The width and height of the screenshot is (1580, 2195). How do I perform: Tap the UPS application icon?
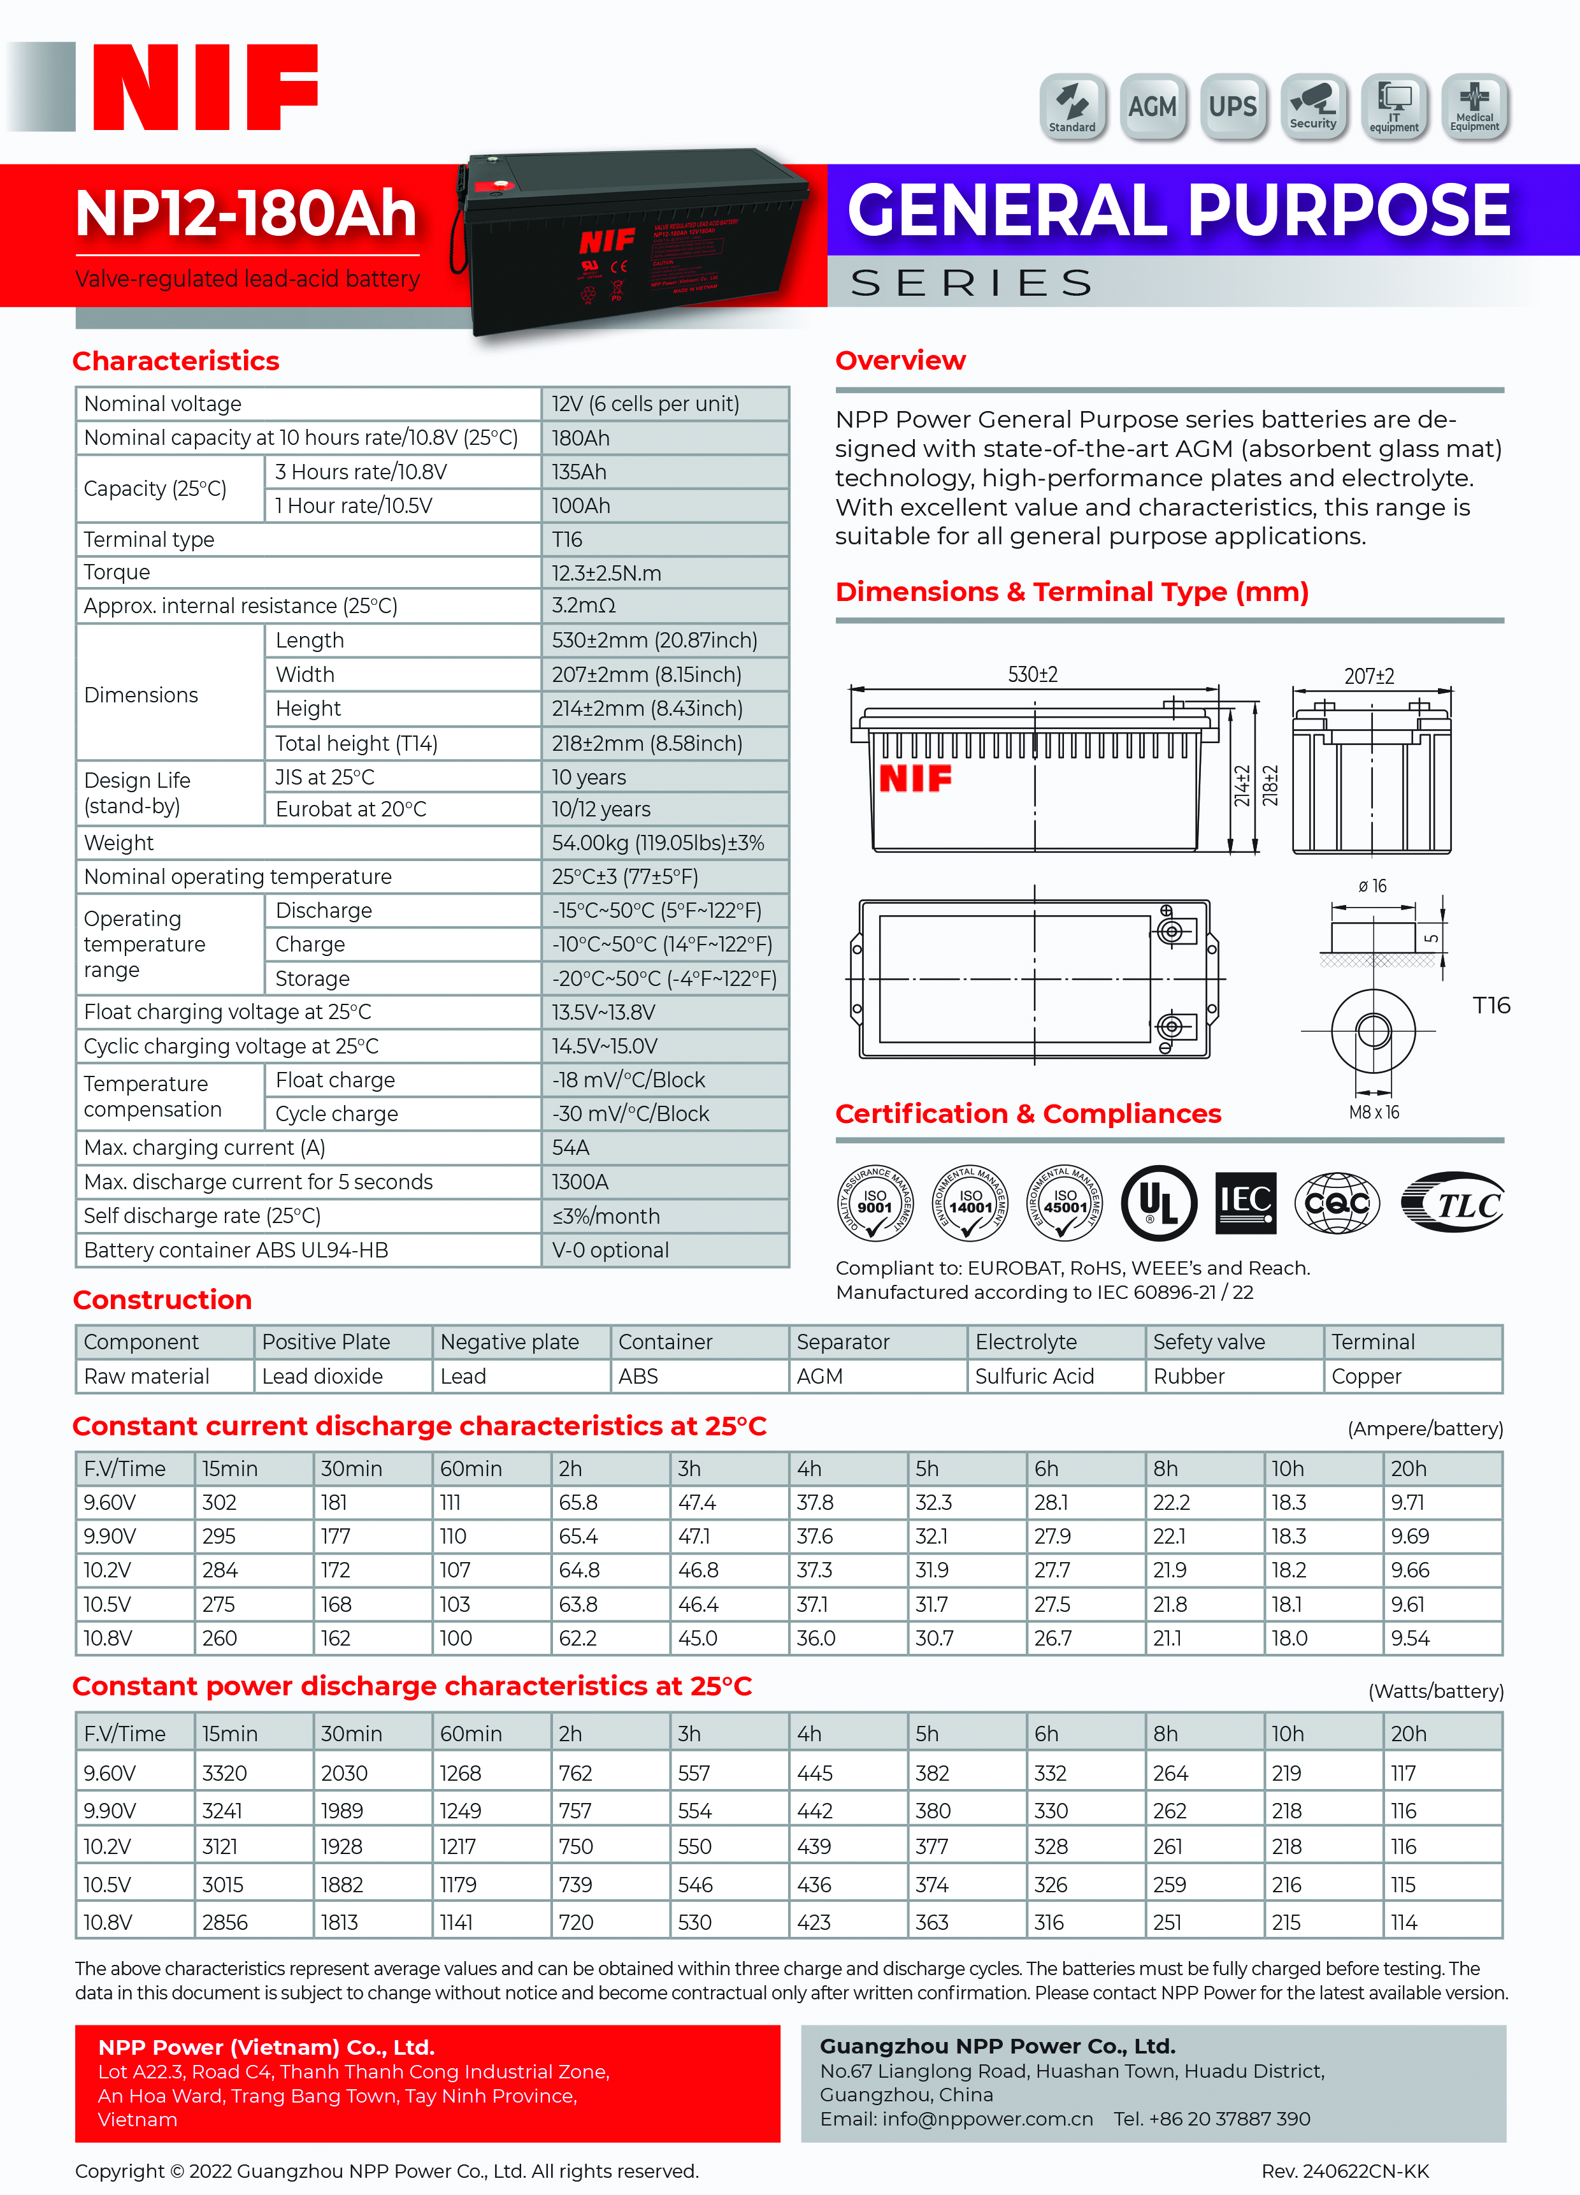(1233, 106)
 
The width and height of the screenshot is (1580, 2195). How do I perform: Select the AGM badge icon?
(1153, 106)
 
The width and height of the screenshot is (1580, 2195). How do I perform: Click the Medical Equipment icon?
(1474, 106)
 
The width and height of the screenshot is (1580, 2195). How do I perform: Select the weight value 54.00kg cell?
(658, 843)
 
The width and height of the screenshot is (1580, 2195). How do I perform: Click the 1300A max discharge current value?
(580, 1182)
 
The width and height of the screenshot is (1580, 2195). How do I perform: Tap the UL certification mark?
(1158, 1203)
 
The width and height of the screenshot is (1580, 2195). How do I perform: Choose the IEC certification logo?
(1246, 1203)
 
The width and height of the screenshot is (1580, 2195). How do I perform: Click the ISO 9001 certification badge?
(875, 1203)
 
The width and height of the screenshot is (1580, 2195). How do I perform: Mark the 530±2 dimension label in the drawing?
(1032, 674)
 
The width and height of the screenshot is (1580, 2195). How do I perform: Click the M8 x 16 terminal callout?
(1374, 1113)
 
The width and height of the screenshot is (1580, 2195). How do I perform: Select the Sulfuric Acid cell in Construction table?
(1034, 1376)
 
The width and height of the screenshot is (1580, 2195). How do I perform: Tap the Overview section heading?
(900, 360)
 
